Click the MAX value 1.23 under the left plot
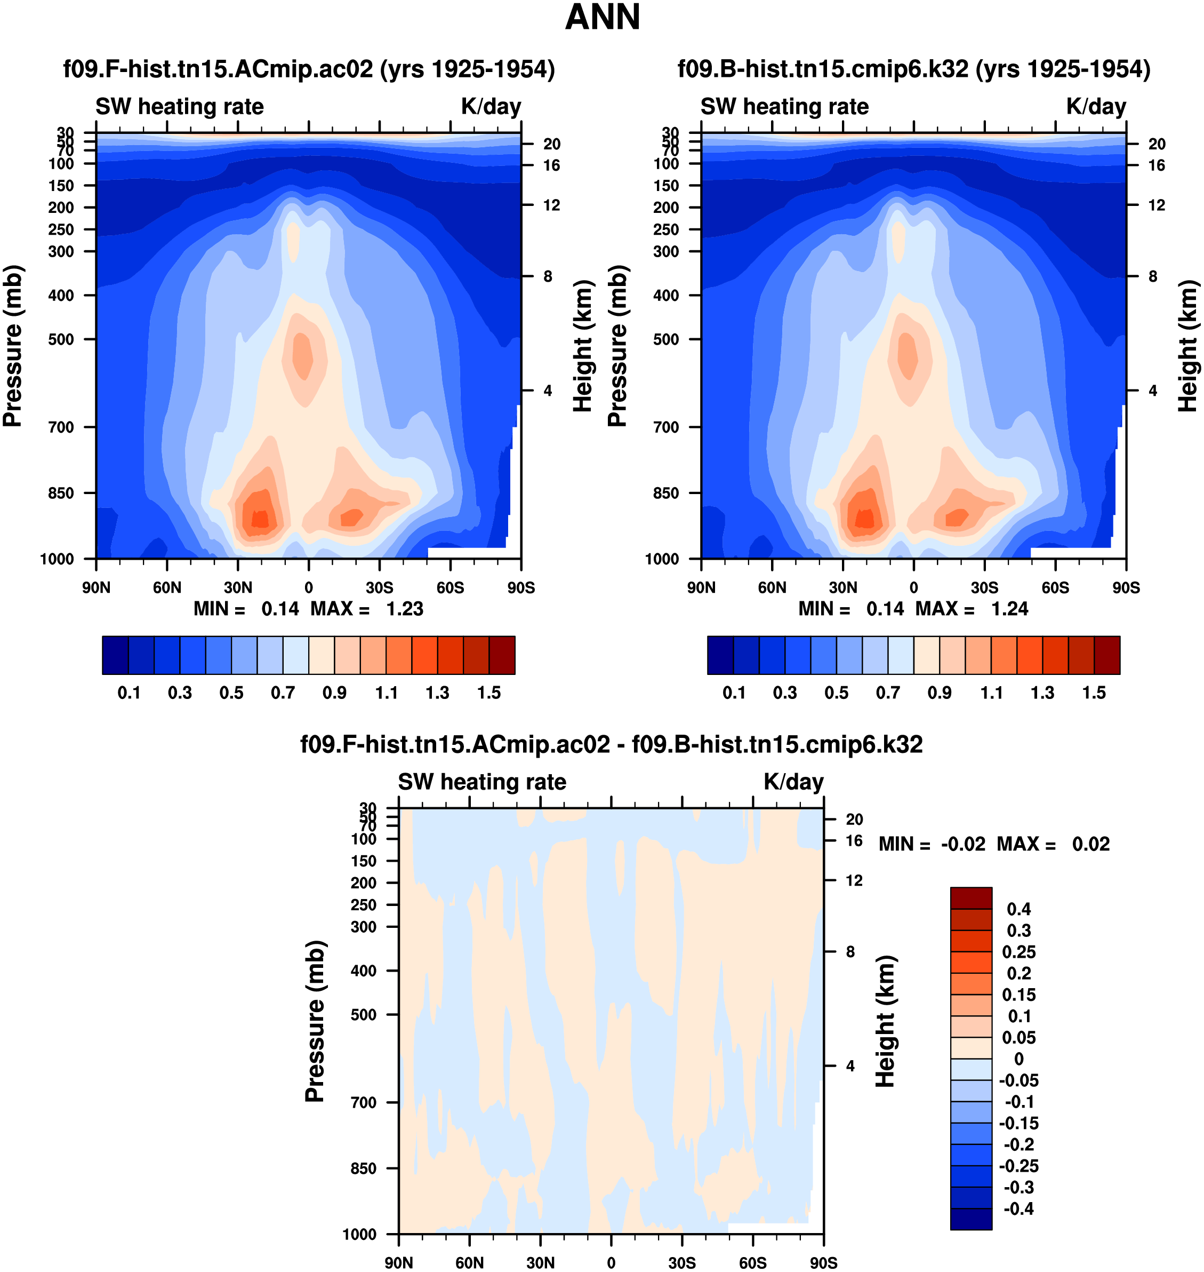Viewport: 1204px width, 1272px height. pos(404,609)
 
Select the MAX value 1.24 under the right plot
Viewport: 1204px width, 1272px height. pos(1009,609)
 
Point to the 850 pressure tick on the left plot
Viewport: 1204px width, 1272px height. pos(61,493)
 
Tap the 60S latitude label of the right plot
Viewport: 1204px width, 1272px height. pos(1055,587)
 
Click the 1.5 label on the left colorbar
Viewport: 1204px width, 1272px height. pos(488,693)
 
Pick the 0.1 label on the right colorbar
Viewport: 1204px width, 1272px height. pos(734,693)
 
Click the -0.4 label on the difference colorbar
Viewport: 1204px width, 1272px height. pos(1018,1209)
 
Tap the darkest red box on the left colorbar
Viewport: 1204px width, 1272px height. pos(501,655)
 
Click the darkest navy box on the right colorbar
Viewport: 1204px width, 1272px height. pos(720,655)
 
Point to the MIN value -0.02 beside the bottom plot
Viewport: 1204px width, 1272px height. pos(962,844)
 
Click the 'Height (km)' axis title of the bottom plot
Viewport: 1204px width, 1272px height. pos(885,1021)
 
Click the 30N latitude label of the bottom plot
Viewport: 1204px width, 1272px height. pos(540,1262)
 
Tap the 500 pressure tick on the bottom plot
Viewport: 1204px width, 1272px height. pos(363,1014)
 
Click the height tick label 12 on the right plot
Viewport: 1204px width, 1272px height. pos(1157,205)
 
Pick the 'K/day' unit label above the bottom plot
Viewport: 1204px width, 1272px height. pos(793,782)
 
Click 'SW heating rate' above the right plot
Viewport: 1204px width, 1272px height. pos(784,107)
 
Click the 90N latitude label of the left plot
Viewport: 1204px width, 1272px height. pos(97,587)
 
